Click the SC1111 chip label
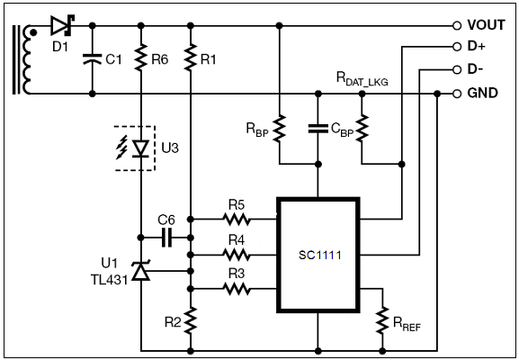click(x=319, y=255)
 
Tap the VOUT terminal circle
click(x=457, y=25)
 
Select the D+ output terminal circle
click(x=457, y=47)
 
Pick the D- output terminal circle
click(x=457, y=69)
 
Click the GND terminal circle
click(x=457, y=94)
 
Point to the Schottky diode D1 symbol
click(x=63, y=25)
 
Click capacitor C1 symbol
click(x=93, y=59)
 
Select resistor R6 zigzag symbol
click(x=141, y=57)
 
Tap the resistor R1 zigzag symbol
click(x=191, y=57)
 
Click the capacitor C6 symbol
click(x=166, y=238)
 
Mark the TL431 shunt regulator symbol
click(x=141, y=271)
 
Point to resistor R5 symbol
click(x=237, y=219)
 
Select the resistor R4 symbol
click(x=237, y=255)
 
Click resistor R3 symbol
click(x=237, y=289)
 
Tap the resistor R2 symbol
click(x=191, y=320)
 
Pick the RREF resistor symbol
click(x=382, y=319)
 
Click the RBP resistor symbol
click(x=280, y=129)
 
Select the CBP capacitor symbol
click(x=318, y=129)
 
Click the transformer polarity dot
click(x=33, y=32)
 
